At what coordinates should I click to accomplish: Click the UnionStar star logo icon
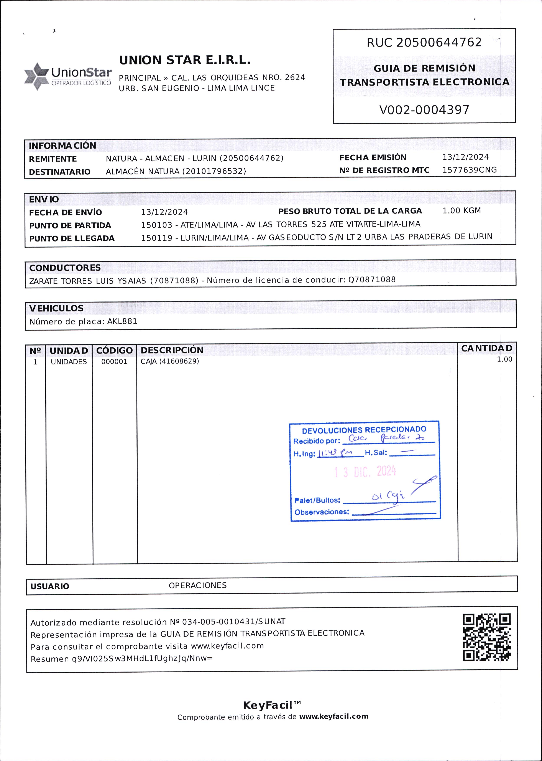(x=37, y=76)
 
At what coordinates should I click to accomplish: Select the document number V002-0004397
(x=424, y=110)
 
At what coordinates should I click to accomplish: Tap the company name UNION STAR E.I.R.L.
(x=185, y=60)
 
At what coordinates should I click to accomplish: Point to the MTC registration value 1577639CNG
(x=469, y=170)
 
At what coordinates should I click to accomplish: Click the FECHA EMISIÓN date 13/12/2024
(x=465, y=157)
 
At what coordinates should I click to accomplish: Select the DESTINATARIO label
(x=60, y=172)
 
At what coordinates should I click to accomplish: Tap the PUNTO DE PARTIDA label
(x=70, y=225)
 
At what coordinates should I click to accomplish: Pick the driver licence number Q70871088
(x=372, y=279)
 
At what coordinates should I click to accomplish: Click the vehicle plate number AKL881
(x=122, y=321)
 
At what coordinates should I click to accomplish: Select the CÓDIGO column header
(x=115, y=351)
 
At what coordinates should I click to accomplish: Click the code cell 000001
(x=114, y=361)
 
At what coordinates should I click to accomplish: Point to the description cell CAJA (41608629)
(x=169, y=361)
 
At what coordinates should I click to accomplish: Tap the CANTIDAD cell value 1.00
(x=504, y=359)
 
